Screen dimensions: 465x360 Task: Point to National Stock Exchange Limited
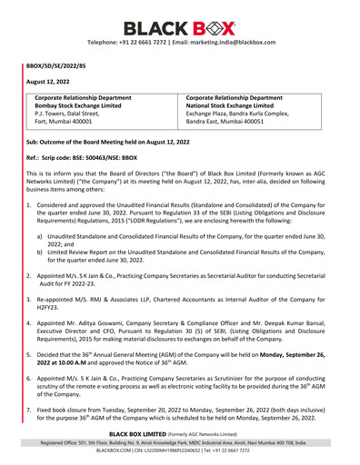pos(239,106)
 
